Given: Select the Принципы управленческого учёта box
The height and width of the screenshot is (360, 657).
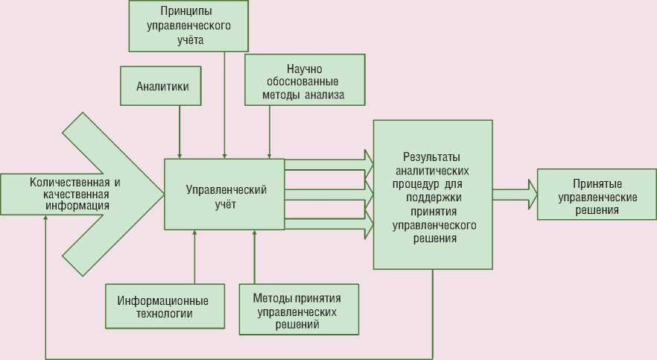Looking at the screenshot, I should coord(187,25).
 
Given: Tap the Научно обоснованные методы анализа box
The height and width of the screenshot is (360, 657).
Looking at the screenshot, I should coord(305,80).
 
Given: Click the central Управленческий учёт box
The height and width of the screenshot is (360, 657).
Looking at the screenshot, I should coord(224,194).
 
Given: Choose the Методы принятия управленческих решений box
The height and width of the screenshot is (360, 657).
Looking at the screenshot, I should coord(298,309).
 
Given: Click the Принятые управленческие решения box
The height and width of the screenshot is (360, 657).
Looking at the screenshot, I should coord(597,195).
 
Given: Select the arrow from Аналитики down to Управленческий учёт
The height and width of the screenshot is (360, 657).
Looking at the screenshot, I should coord(180,131).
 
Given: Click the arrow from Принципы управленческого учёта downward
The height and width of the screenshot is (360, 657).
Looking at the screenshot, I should coord(224,104).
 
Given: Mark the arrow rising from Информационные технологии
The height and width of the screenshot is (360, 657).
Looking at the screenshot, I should coord(194,257).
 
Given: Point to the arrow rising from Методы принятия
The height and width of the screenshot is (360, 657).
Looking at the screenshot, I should coord(254,257).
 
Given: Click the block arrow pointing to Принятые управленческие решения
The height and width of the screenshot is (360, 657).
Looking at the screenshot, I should coord(515,195).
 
